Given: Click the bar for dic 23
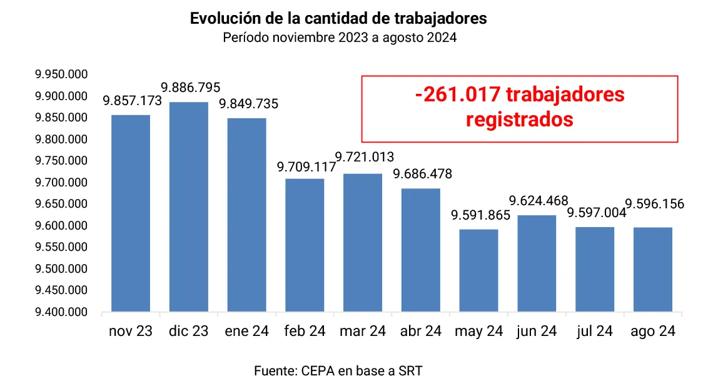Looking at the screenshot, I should [x=188, y=206].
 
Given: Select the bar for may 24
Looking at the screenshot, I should [x=478, y=270].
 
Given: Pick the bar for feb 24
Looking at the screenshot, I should [x=305, y=245].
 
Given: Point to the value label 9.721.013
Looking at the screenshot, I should [x=365, y=156].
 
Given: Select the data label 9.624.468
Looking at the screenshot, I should [x=538, y=201].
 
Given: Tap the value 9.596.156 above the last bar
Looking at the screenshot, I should [x=655, y=204].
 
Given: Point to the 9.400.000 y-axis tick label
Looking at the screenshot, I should [x=61, y=312].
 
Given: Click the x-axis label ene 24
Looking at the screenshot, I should [x=246, y=331].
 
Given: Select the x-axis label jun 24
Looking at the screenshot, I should [x=537, y=331].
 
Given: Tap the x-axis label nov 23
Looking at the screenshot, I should [x=131, y=331].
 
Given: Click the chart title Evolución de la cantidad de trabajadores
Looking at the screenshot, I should [x=338, y=19].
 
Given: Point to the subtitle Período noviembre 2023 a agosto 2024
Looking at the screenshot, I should [x=340, y=38].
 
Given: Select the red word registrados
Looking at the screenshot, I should [x=520, y=119].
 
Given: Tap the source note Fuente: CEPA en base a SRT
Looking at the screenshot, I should [x=338, y=370].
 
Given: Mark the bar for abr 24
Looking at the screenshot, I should [x=421, y=250].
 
